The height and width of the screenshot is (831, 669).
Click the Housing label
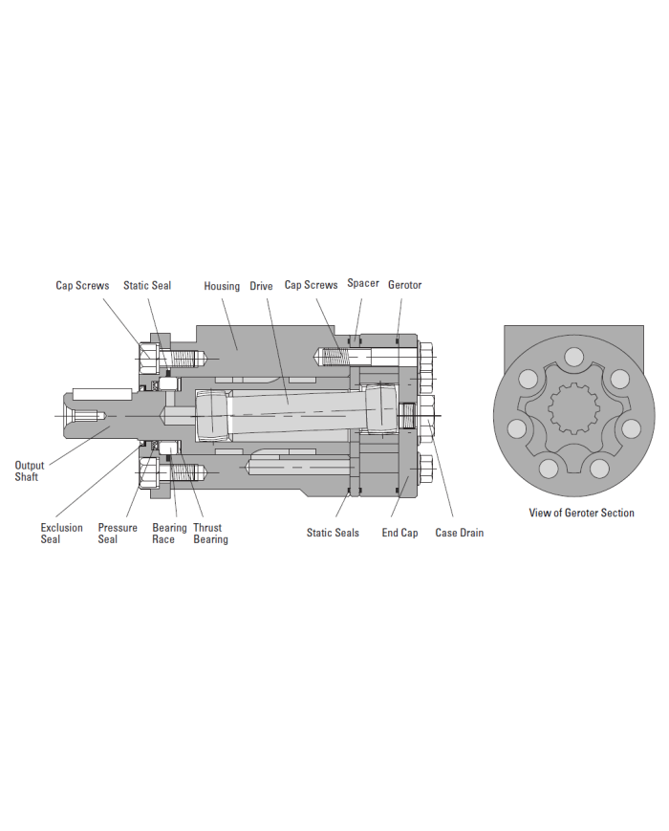click(x=222, y=286)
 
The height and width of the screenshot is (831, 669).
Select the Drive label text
click(x=261, y=286)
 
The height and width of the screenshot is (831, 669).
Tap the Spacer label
click(x=363, y=284)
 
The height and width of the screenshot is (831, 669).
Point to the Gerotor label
click(x=404, y=285)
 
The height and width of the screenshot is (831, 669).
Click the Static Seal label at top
click(x=147, y=286)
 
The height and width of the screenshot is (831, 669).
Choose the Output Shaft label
click(x=29, y=471)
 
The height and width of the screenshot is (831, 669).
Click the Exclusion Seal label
click(x=61, y=534)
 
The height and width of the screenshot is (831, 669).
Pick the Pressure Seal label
click(x=117, y=534)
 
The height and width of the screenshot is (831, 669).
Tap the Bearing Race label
click(x=169, y=534)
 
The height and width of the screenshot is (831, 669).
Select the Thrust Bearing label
click(x=209, y=534)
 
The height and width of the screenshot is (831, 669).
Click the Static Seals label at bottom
click(x=333, y=533)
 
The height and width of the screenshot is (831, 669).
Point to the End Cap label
click(x=399, y=533)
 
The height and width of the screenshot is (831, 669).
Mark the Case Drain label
click(x=459, y=533)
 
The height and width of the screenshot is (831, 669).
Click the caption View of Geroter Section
click(x=581, y=513)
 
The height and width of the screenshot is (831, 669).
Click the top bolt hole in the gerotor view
click(x=573, y=358)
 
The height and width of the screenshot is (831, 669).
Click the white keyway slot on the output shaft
click(x=102, y=394)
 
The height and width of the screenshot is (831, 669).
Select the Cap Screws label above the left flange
click(x=82, y=286)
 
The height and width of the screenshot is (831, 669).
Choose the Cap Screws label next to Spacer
click(x=311, y=285)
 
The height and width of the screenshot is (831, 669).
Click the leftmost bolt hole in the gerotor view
click(x=516, y=427)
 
